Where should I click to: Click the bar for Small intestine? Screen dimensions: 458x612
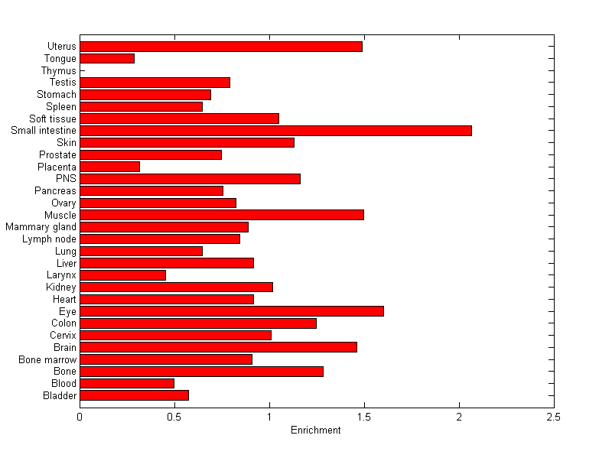[x=275, y=131]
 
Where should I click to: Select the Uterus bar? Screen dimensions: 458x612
[x=221, y=47]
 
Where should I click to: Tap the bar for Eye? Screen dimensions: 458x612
[x=232, y=311]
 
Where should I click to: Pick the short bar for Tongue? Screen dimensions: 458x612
[x=107, y=58]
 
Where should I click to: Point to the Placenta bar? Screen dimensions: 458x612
[x=109, y=167]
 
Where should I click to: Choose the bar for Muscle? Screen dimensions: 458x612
[x=222, y=215]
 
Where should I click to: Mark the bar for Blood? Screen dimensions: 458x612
[x=127, y=383]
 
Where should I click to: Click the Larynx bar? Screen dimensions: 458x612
[x=122, y=275]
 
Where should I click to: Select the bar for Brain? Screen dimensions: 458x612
[x=218, y=347]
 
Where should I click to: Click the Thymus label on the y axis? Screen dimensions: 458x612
[x=59, y=71]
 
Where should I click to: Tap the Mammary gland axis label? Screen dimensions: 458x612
[x=41, y=227]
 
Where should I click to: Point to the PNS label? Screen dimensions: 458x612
[x=67, y=179]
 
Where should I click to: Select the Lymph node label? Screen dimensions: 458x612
[x=50, y=239]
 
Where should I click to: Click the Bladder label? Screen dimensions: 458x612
[x=60, y=395]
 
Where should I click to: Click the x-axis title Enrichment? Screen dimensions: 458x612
[x=316, y=430]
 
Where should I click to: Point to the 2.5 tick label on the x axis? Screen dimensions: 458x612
[x=554, y=417]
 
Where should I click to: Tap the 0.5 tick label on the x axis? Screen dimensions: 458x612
[x=174, y=417]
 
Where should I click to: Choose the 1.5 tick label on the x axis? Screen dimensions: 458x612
[x=364, y=417]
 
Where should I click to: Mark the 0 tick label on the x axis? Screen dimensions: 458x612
[x=80, y=417]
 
